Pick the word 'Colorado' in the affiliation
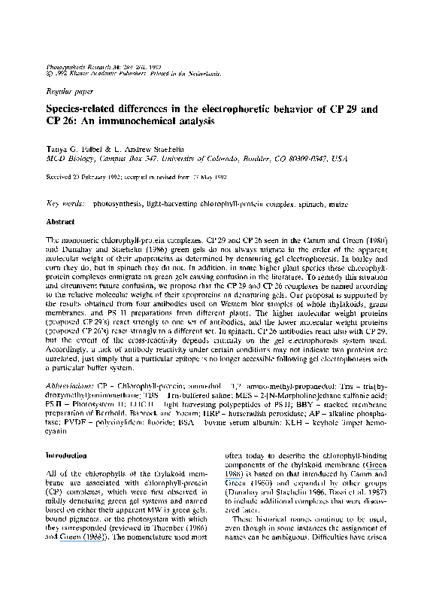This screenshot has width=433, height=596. (x=230, y=157)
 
